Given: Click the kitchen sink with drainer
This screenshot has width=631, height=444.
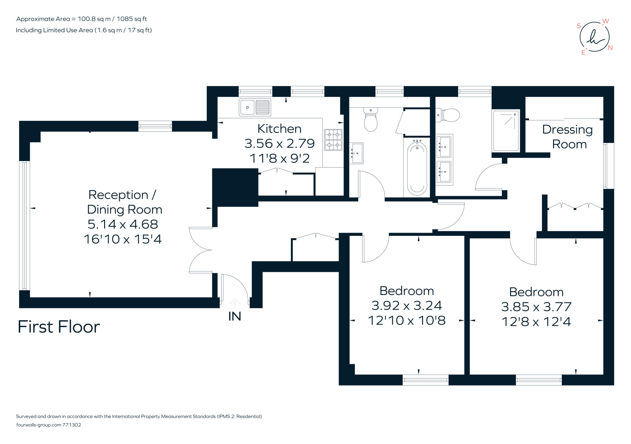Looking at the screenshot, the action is (x=255, y=107).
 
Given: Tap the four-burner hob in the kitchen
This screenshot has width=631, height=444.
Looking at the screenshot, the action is (x=333, y=140).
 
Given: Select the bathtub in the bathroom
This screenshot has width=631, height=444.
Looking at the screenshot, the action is (x=417, y=168).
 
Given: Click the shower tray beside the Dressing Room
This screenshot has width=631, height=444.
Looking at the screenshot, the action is (x=506, y=131).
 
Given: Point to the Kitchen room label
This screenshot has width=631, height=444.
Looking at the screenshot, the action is (x=279, y=129).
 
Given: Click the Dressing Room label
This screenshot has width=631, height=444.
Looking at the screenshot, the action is (x=568, y=137).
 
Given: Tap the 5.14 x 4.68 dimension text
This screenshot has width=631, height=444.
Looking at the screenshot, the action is (x=123, y=224).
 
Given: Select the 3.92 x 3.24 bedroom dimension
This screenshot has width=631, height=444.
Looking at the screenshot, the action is (x=407, y=305).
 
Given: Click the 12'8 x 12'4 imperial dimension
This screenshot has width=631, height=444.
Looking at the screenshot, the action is (x=536, y=322).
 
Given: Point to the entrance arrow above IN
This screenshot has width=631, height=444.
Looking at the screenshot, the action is (x=235, y=303).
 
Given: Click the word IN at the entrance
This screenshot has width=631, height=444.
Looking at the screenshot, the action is (x=235, y=316).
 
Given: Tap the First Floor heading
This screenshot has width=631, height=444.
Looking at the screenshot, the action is (x=59, y=327).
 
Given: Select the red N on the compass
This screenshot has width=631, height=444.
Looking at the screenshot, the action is (x=610, y=48).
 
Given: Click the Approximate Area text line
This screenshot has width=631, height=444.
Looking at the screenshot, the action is (x=81, y=19).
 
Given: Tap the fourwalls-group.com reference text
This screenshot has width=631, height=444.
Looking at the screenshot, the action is (x=48, y=425).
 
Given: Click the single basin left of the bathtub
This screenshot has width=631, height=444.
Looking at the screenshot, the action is (x=356, y=153).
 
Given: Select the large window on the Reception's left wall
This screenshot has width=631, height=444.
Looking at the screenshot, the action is (x=25, y=225).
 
